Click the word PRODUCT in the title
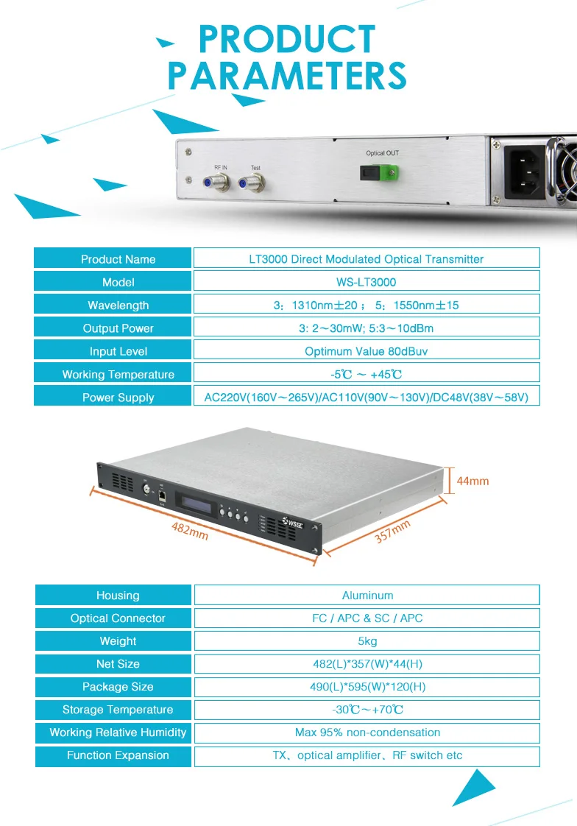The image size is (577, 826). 287,40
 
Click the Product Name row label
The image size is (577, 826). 118,259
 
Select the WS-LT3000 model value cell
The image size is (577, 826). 366,282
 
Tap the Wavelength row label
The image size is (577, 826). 118,306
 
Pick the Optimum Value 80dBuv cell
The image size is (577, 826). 366,351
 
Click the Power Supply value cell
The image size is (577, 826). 366,398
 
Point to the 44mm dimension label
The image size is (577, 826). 472,481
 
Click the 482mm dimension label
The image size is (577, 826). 190,529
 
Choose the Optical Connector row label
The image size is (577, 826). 118,618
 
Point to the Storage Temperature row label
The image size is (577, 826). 118,710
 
